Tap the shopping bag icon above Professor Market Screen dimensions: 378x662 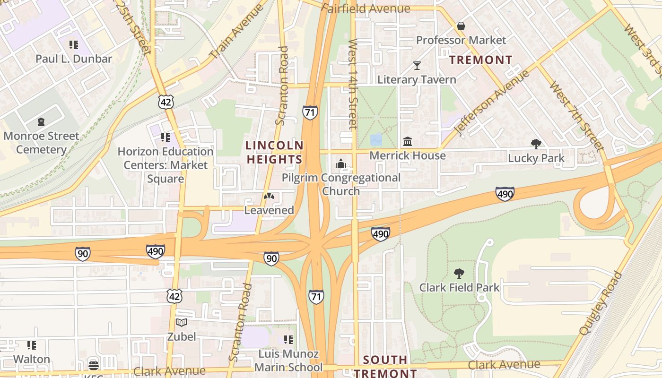point(461,26)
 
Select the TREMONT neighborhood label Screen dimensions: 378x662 point(480,60)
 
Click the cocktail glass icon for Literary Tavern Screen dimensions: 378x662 point(417,65)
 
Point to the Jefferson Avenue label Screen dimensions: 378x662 point(491,103)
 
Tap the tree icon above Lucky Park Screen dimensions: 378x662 point(536,144)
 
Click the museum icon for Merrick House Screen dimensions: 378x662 point(407,141)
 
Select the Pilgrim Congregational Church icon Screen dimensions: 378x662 point(340,164)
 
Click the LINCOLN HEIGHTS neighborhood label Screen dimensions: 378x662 point(275,152)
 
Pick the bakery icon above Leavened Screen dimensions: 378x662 point(269,196)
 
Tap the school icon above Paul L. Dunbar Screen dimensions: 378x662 point(73,45)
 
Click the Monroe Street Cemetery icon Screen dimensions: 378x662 point(41,122)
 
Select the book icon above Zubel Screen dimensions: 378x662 point(181,323)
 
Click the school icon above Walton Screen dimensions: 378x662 point(31,345)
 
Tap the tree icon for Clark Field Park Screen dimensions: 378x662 point(459,273)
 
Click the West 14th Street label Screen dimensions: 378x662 point(353,84)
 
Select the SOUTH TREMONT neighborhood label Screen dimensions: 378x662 point(385,366)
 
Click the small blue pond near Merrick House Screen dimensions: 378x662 point(376,140)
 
